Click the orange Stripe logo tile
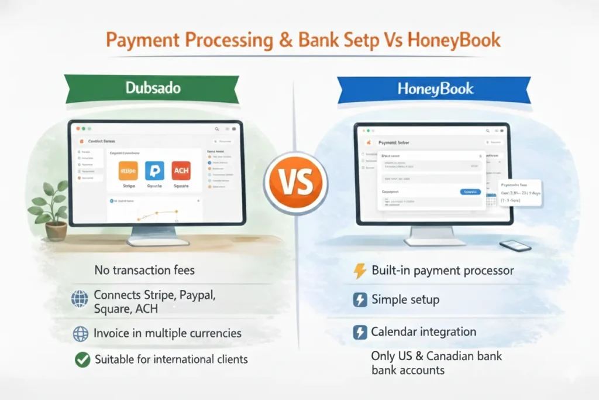[x=128, y=171]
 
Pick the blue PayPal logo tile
[x=154, y=171]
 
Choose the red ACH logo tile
[x=181, y=171]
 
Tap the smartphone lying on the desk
[x=515, y=245]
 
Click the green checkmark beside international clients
[x=82, y=360]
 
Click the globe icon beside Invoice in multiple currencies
[x=81, y=333]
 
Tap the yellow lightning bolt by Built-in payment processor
[x=360, y=271]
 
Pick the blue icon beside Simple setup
[x=360, y=300]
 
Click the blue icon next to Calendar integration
[x=360, y=332]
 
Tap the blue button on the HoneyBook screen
[x=470, y=192]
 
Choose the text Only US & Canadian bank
[x=436, y=356]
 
